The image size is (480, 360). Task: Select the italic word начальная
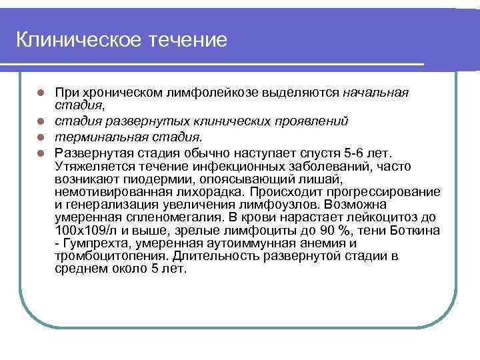[375, 92]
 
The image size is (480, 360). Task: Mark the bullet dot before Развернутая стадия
[41, 153]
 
